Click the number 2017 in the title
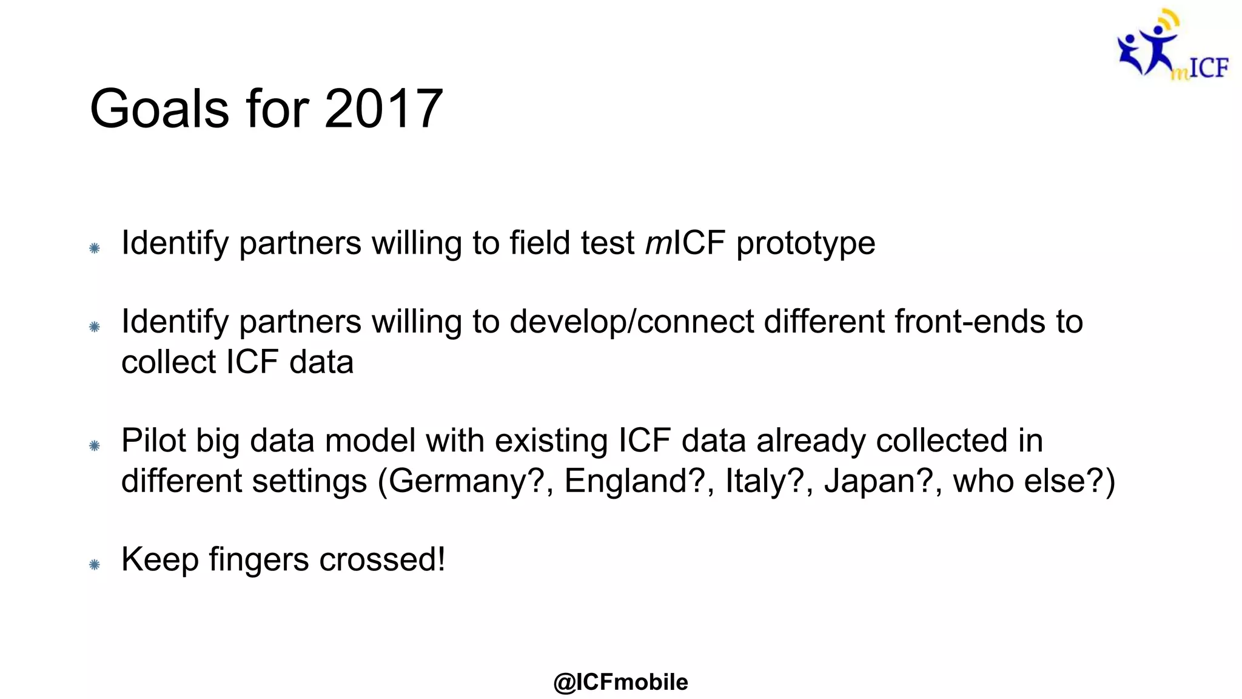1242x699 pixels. [383, 109]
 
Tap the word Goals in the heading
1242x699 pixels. [159, 109]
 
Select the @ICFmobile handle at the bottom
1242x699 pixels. [620, 682]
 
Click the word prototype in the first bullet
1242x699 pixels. [805, 243]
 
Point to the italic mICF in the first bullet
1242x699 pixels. [685, 243]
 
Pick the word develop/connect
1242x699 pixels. [631, 322]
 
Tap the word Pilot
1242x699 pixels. [153, 441]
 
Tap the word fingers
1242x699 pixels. [259, 560]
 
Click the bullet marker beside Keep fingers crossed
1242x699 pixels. [94, 565]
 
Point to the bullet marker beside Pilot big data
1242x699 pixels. [94, 446]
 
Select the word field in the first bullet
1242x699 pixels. [540, 243]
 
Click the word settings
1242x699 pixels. [309, 481]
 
